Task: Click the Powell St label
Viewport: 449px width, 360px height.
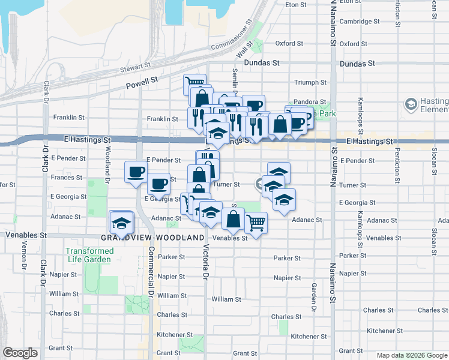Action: (x=141, y=82)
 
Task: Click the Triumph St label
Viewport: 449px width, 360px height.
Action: (x=310, y=82)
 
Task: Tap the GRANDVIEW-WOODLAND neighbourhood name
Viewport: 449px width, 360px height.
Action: (x=152, y=238)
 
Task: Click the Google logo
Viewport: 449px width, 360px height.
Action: (x=20, y=353)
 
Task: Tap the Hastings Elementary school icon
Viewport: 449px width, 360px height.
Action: (x=411, y=105)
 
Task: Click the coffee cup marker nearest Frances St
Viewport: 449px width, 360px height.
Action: (x=135, y=172)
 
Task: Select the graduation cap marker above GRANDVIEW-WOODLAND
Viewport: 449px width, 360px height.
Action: (x=121, y=222)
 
